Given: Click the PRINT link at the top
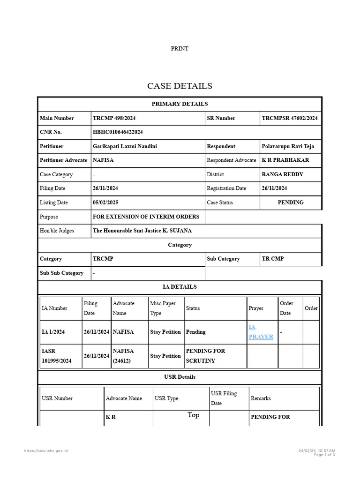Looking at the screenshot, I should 180,48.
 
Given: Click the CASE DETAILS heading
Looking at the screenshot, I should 180,86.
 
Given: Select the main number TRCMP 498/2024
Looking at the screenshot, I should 114,118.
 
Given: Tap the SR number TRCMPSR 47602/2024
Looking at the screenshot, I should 290,118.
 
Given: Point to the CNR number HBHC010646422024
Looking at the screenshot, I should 118,132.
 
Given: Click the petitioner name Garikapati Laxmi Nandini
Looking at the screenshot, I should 125,146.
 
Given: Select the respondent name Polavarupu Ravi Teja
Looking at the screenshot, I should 288,146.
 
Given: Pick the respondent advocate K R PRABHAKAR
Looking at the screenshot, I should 285,160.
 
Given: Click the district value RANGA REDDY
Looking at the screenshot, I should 282,174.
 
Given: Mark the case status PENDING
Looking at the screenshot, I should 291,202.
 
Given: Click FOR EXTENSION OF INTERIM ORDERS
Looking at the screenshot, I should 146,217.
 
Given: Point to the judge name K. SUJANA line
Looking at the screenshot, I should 142,231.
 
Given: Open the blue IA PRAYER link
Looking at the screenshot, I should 261,331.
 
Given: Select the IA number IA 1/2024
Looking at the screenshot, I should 53,332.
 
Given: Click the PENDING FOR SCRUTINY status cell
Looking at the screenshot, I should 205,356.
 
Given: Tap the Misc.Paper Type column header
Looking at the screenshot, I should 163,308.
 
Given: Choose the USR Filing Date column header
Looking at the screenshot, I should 224,398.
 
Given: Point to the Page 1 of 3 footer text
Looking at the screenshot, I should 324,455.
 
